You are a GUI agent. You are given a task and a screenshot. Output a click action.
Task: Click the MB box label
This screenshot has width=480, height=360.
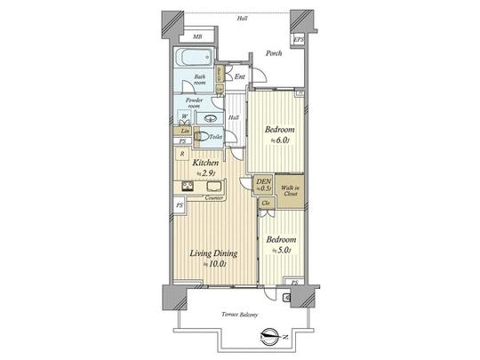[196, 37]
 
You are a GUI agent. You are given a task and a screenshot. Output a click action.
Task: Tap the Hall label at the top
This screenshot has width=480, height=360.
[242, 17]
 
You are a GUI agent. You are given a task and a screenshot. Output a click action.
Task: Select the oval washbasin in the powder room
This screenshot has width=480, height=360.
[212, 118]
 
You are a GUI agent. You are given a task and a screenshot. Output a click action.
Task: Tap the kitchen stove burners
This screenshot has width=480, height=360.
[188, 187]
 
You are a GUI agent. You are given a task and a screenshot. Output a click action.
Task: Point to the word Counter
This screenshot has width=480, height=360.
[213, 198]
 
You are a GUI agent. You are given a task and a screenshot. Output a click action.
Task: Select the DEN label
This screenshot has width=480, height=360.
[263, 184]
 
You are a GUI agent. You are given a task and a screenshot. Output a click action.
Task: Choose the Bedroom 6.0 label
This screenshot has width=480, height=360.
[280, 134]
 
